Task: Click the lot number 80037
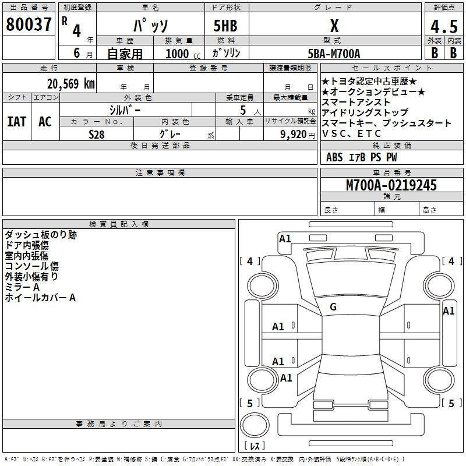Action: [x=29, y=24]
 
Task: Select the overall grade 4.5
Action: [x=444, y=26]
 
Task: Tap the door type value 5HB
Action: [x=225, y=26]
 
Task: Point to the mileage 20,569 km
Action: [x=71, y=84]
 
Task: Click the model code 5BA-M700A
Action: [x=334, y=54]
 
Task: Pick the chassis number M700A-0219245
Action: [x=391, y=185]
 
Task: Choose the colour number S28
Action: [x=97, y=135]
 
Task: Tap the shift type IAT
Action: [x=17, y=122]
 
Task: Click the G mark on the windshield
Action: [x=333, y=307]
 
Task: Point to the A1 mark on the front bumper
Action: [x=285, y=239]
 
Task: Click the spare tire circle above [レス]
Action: [x=255, y=425]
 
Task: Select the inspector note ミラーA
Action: [x=22, y=287]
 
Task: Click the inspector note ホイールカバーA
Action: [x=40, y=298]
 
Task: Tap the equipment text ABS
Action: [x=334, y=157]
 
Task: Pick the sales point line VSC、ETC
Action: [x=351, y=134]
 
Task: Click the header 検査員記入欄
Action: [x=119, y=224]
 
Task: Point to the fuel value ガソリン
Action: [x=226, y=53]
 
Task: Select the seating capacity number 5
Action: [x=243, y=110]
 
